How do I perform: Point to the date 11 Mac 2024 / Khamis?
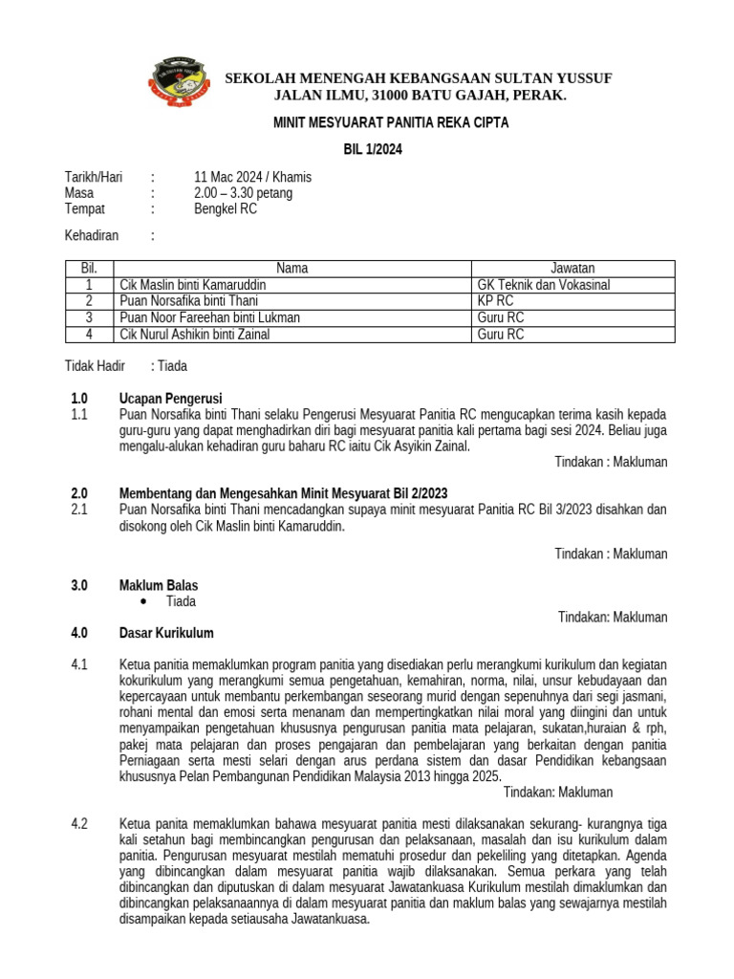252,177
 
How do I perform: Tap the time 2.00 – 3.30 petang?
243,193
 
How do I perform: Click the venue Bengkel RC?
226,208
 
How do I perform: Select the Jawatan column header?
572,269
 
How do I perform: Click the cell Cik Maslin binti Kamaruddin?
193,285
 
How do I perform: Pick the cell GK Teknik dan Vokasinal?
543,285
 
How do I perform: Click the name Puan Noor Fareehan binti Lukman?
209,317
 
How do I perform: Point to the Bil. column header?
89,269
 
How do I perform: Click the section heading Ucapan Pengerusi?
171,398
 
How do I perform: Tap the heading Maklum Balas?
159,585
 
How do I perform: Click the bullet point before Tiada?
142,601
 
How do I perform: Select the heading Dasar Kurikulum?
166,633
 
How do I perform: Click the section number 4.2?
79,823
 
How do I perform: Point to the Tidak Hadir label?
95,366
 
